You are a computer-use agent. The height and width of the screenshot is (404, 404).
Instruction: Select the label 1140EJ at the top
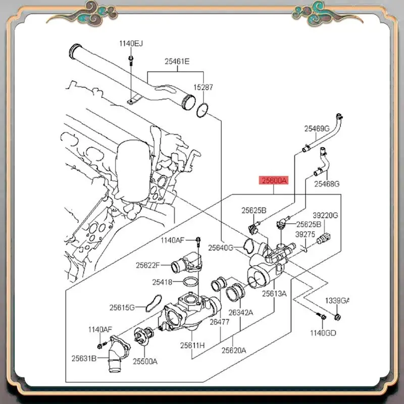[x=131, y=44]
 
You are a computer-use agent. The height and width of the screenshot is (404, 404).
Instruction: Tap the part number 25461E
[x=177, y=62]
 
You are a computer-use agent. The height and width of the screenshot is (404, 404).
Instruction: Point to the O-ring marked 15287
[x=202, y=110]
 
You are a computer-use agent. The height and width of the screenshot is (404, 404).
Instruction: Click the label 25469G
[x=316, y=129]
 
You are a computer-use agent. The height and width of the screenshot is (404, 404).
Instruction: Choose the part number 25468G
[x=327, y=183]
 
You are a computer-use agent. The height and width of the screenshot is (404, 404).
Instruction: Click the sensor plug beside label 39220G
[x=323, y=237]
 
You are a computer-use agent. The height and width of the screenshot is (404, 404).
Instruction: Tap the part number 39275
[x=305, y=235]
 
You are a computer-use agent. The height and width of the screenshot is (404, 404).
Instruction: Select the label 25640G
[x=221, y=247]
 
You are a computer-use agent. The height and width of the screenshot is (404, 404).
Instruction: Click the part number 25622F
[x=147, y=265]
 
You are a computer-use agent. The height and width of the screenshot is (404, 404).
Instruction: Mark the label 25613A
[x=274, y=293]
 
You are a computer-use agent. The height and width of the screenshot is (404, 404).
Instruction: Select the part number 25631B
[x=83, y=359]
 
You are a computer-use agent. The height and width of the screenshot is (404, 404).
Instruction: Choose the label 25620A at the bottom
[x=233, y=350]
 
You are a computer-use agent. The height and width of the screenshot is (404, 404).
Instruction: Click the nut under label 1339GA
[x=337, y=317]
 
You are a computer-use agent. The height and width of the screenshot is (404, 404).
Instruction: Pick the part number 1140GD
[x=323, y=333]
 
